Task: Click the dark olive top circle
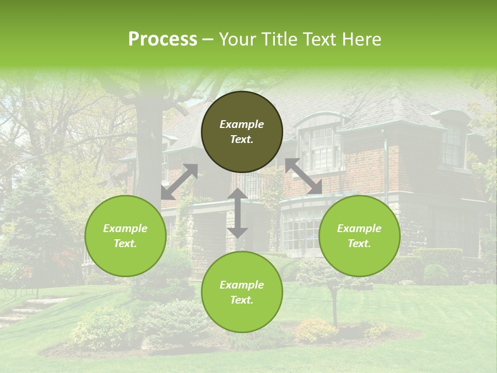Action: [242, 132]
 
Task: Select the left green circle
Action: [125, 236]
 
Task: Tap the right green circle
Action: [359, 236]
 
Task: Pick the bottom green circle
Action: [242, 292]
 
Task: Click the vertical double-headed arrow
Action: [238, 213]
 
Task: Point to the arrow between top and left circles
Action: [179, 182]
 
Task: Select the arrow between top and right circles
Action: [304, 177]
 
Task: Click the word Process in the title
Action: [163, 39]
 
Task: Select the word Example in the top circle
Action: [242, 124]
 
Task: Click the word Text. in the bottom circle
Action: [242, 300]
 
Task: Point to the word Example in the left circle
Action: [125, 228]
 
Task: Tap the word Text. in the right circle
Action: [359, 243]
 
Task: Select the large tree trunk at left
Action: [145, 145]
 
